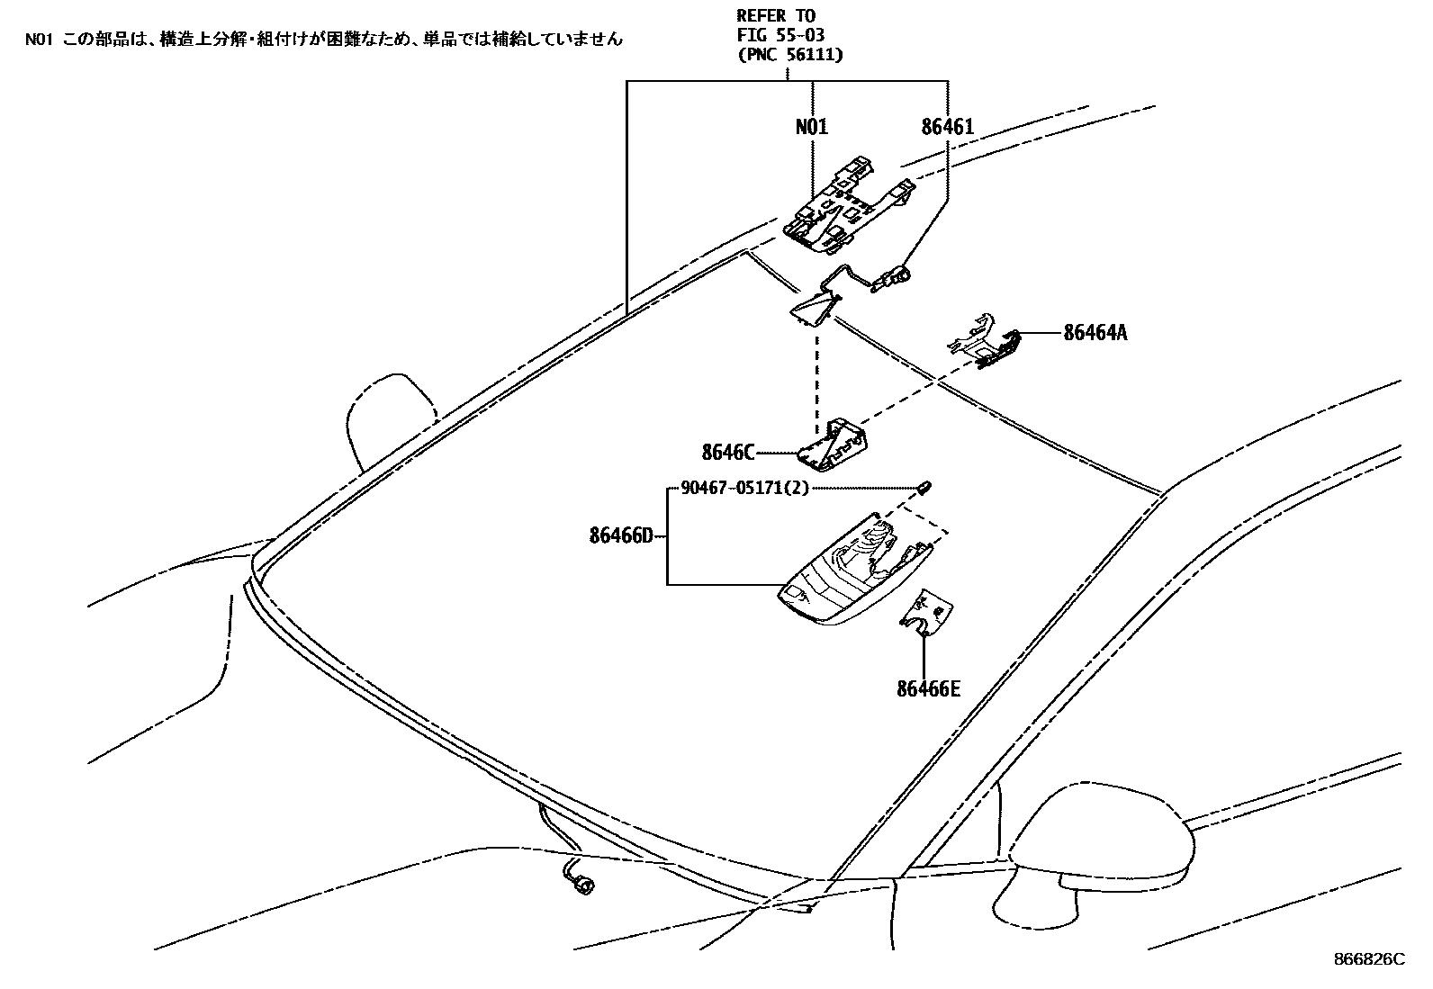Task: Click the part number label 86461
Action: click(x=947, y=127)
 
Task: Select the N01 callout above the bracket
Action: click(x=811, y=127)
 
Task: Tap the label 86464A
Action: click(x=1095, y=333)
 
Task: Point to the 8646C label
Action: click(x=728, y=452)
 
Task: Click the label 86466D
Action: click(x=621, y=536)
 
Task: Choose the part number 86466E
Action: click(x=928, y=689)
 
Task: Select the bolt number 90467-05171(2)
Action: click(x=744, y=488)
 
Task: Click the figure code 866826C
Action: click(x=1368, y=959)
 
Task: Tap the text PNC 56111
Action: click(x=789, y=55)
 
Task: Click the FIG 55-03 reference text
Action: click(x=780, y=35)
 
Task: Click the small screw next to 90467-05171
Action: click(x=926, y=488)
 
